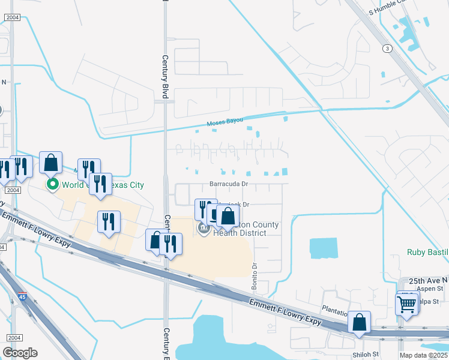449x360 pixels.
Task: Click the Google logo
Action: pyautogui.click(x=20, y=353)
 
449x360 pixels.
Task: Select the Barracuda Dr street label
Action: pyautogui.click(x=229, y=184)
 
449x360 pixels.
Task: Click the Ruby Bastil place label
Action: pyautogui.click(x=427, y=253)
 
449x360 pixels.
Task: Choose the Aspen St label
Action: pyautogui.click(x=431, y=289)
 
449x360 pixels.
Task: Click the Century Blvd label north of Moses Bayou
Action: pyautogui.click(x=164, y=73)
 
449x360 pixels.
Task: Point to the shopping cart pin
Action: pyautogui.click(x=407, y=304)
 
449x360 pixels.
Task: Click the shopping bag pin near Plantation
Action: pyautogui.click(x=359, y=322)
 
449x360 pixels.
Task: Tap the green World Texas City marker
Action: pyautogui.click(x=53, y=184)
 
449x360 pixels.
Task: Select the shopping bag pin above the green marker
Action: pyautogui.click(x=51, y=163)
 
